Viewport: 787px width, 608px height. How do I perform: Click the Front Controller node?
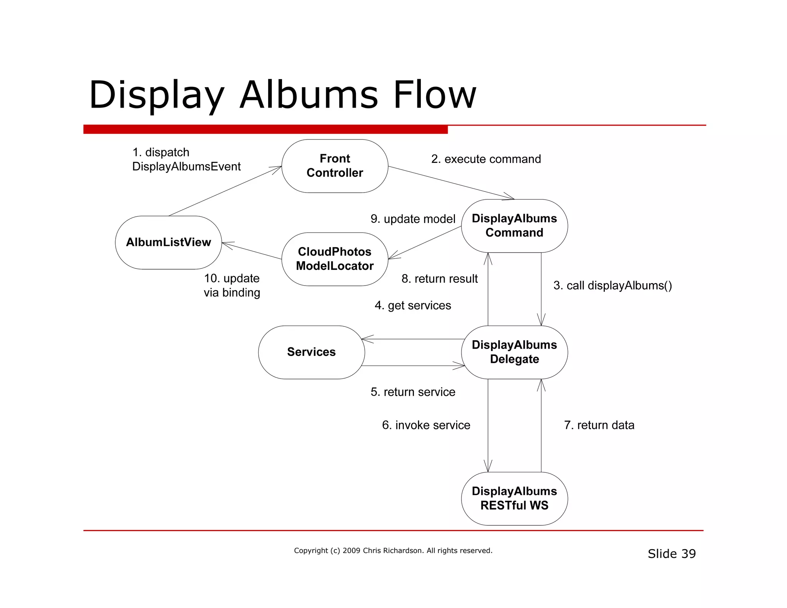(x=335, y=166)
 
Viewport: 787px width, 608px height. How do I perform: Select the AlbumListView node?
(x=168, y=242)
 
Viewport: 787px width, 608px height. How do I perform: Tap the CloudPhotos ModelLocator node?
(x=335, y=259)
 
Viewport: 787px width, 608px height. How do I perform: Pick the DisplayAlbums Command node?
(x=514, y=226)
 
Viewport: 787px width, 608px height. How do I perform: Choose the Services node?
(x=311, y=352)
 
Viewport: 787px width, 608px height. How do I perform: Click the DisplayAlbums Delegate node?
(x=514, y=352)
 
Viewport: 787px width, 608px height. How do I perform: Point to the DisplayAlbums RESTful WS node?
(x=514, y=498)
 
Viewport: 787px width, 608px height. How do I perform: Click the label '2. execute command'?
(x=486, y=159)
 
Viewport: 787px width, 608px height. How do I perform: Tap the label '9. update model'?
(x=413, y=219)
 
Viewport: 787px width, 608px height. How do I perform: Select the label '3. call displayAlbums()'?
(x=613, y=286)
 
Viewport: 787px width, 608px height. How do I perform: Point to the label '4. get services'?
(x=413, y=306)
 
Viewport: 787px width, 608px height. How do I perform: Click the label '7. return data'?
(x=599, y=425)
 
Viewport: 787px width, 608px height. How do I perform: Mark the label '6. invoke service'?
(x=426, y=425)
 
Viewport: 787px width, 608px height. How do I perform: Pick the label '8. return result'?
(x=440, y=279)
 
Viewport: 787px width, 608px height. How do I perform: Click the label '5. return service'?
(x=413, y=392)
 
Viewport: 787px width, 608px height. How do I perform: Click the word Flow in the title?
(x=435, y=95)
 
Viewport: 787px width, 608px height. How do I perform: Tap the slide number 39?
(x=688, y=554)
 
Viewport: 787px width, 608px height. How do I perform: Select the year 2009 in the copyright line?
(x=351, y=551)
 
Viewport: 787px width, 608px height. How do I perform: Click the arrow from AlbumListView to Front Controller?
(x=225, y=191)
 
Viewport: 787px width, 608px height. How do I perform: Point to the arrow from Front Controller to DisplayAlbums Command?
(x=451, y=183)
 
